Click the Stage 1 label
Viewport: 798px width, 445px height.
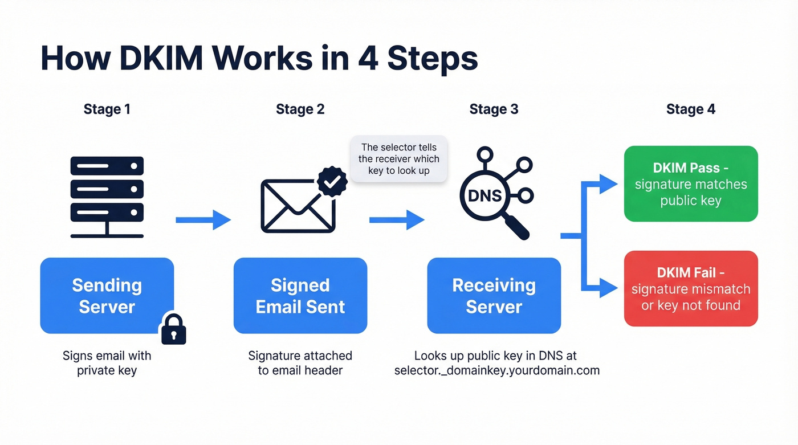click(x=107, y=109)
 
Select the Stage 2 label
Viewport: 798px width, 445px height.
click(x=300, y=109)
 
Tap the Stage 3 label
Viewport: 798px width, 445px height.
click(x=494, y=109)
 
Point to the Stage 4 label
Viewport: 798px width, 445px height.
click(x=690, y=109)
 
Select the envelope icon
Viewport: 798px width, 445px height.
click(x=298, y=206)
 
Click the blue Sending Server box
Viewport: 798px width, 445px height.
click(x=107, y=295)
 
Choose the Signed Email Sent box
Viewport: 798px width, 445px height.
click(x=300, y=295)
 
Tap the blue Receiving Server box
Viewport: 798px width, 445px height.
click(x=494, y=295)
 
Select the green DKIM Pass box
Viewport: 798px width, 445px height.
click(x=690, y=183)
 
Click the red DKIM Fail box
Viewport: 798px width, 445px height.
click(x=690, y=288)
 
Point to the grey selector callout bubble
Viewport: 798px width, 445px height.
click(x=398, y=159)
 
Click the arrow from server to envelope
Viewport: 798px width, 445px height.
click(x=203, y=219)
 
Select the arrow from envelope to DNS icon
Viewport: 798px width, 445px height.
click(x=397, y=219)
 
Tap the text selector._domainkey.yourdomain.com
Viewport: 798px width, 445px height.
click(x=496, y=370)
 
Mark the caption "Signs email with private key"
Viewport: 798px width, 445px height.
click(x=107, y=363)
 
